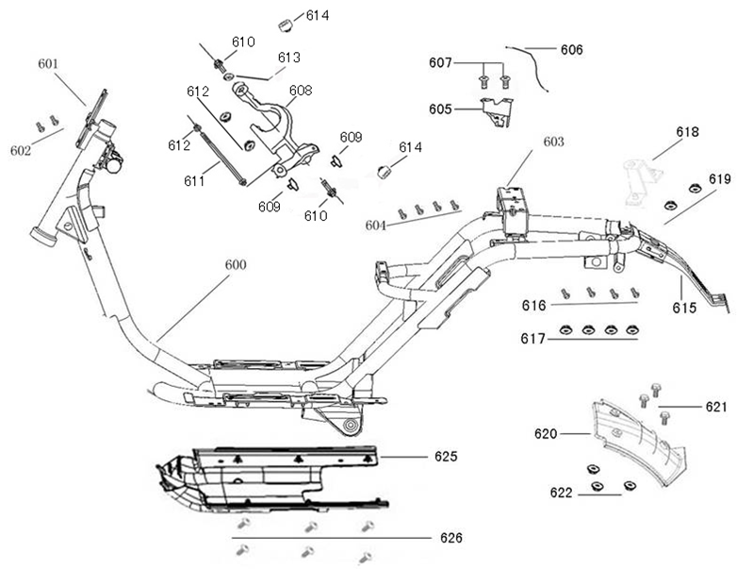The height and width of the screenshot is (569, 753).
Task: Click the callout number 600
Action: coord(235,265)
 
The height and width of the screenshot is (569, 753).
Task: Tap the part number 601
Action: coord(48,64)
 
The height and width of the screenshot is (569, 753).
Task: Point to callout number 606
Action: coord(571,49)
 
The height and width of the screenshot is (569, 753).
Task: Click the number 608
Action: coord(300,91)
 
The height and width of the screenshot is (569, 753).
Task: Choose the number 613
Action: coord(288,58)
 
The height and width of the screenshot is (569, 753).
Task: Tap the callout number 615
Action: coord(685,308)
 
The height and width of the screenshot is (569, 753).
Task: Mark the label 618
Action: coord(687,132)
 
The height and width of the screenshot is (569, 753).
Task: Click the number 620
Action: coord(548,434)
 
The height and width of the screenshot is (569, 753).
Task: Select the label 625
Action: coord(446,457)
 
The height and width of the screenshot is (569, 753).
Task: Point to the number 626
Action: coord(451,539)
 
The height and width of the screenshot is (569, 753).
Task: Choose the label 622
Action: coord(563,493)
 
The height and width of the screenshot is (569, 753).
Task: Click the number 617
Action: coord(533,337)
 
